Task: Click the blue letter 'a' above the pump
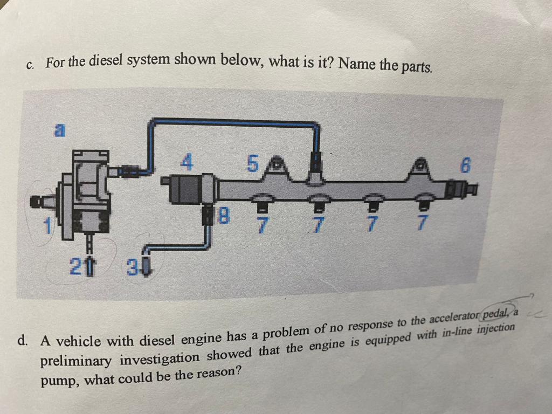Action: [61, 129]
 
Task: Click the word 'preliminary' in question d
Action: [77, 360]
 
